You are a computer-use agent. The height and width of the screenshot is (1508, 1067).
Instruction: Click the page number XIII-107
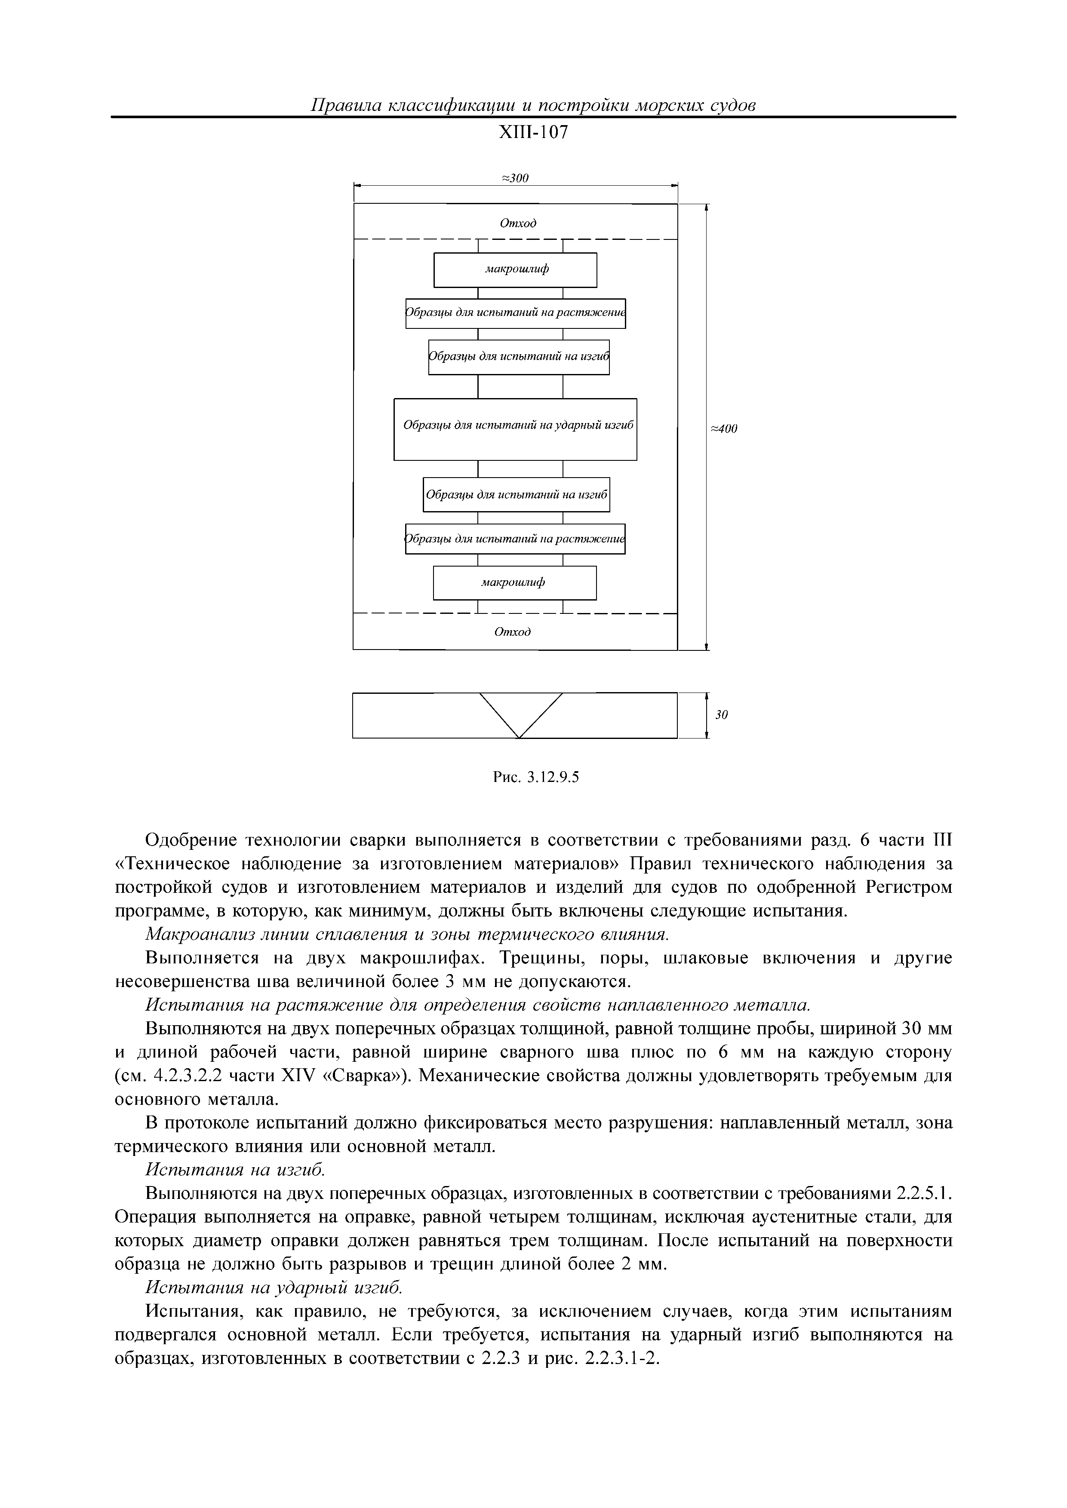(533, 133)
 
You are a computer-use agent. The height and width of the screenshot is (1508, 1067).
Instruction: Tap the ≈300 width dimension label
(515, 178)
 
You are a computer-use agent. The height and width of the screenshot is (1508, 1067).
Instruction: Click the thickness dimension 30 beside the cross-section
(721, 714)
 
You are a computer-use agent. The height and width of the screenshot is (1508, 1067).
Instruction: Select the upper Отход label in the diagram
(518, 223)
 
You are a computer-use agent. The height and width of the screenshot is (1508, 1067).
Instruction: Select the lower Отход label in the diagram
(513, 632)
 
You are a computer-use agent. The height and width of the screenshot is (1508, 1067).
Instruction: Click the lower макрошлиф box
(514, 582)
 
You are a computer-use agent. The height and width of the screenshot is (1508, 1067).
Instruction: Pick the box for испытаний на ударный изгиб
(515, 429)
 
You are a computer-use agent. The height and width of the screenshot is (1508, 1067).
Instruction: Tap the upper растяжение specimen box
(515, 313)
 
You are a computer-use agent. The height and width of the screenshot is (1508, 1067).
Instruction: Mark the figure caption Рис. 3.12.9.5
(535, 778)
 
